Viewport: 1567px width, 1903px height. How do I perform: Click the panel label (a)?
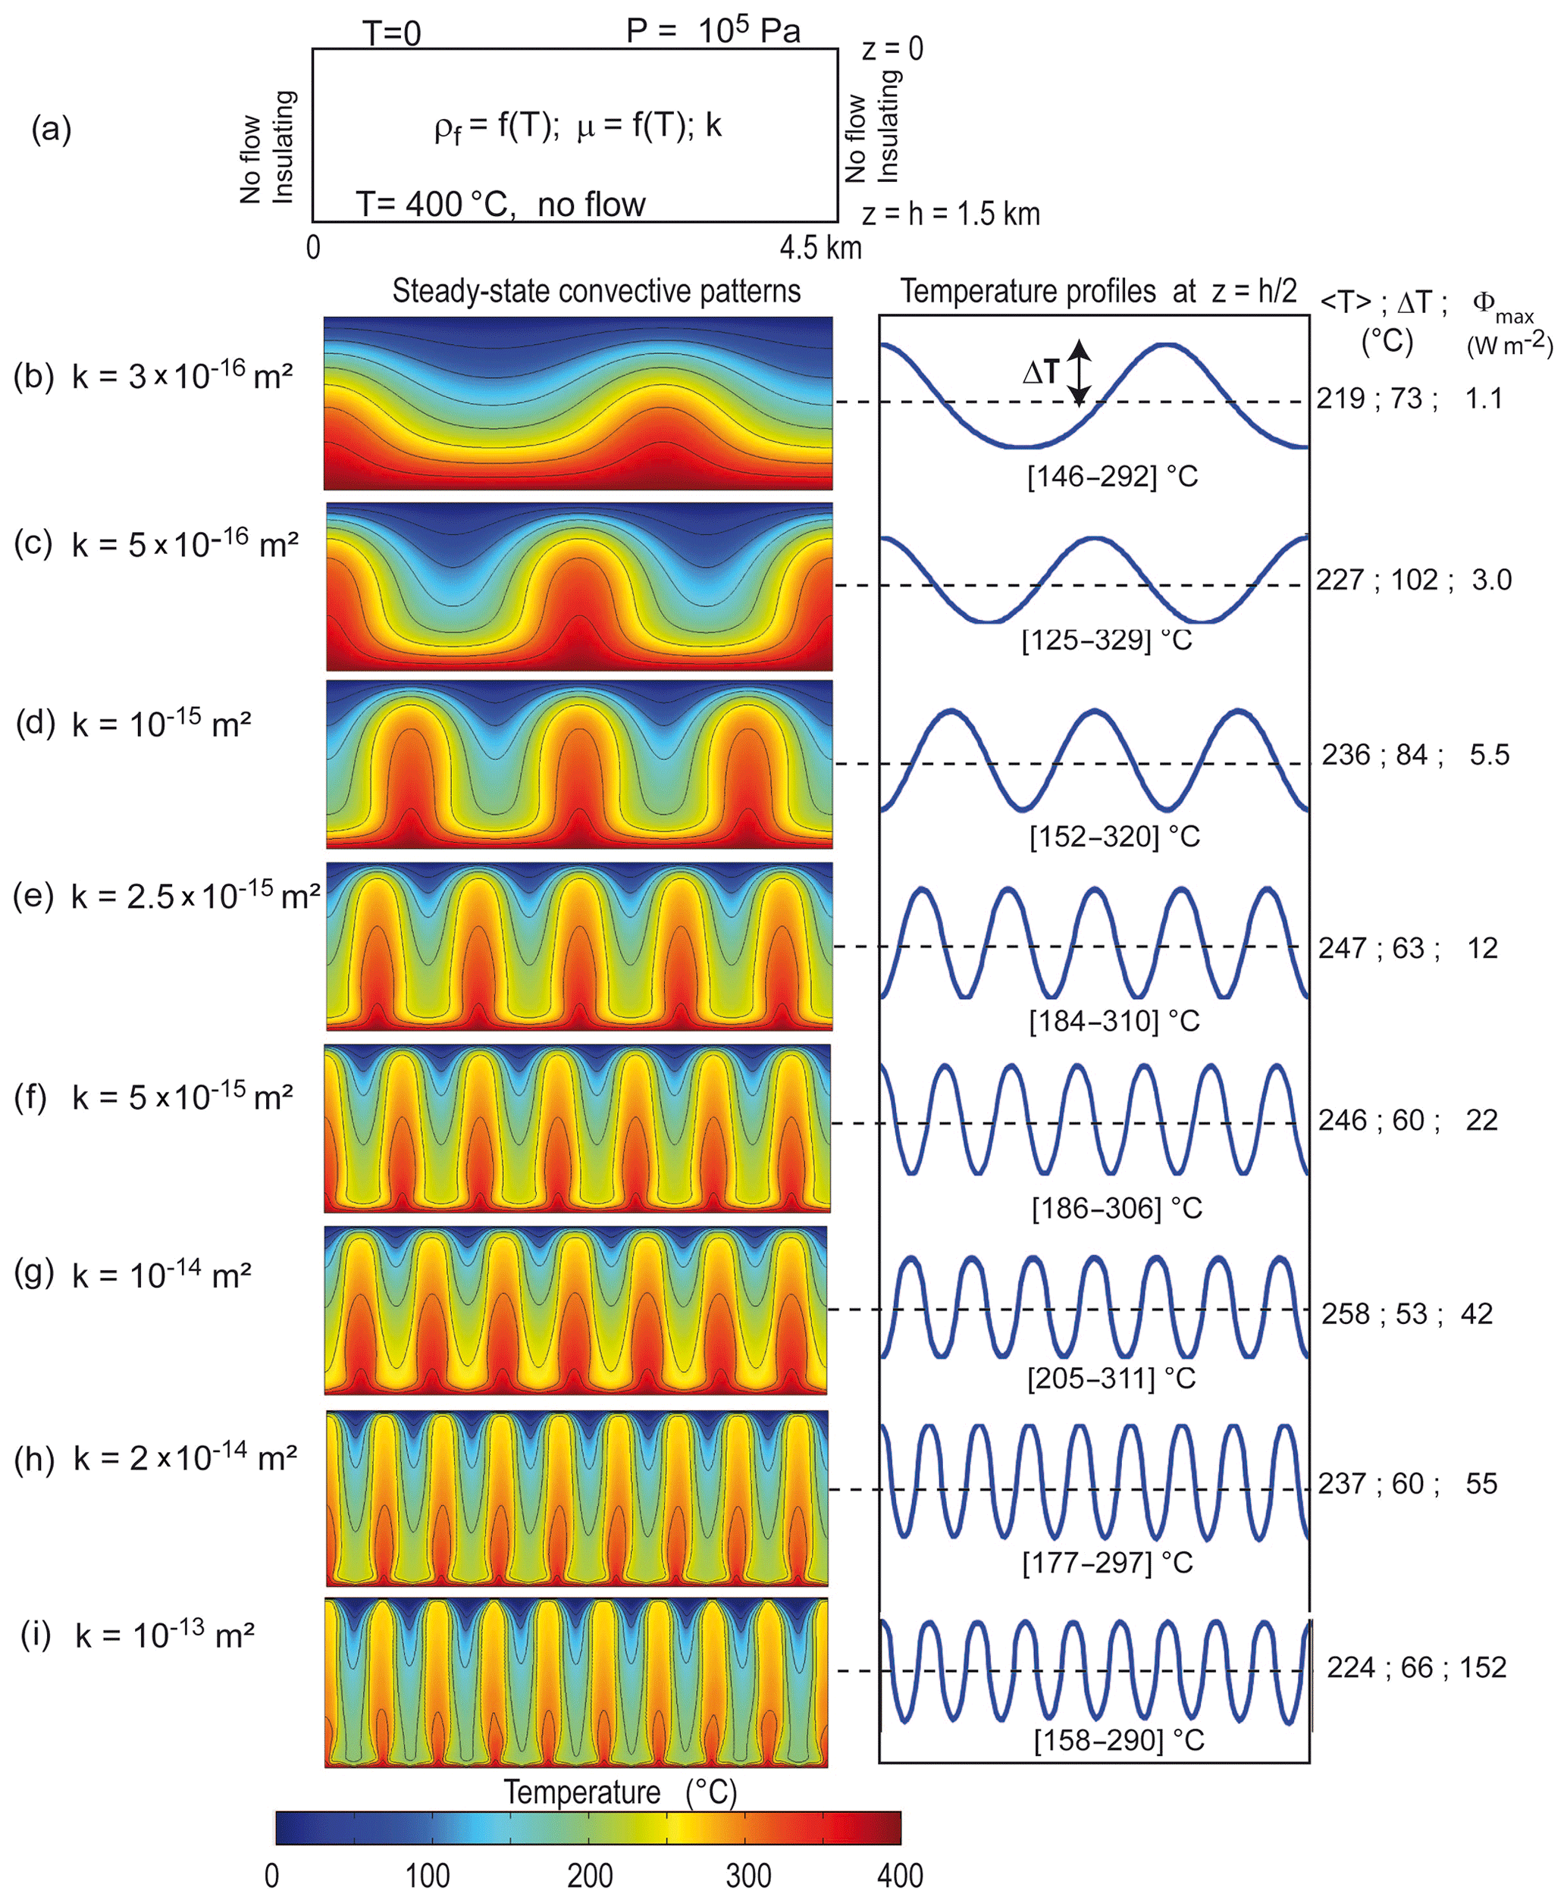tap(51, 130)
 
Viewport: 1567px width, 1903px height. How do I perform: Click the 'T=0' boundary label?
tap(392, 33)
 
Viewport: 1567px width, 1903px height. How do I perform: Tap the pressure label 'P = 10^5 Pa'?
tap(713, 30)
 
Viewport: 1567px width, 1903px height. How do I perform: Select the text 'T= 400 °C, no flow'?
tap(500, 205)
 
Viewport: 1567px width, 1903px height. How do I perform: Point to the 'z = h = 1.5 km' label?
tap(951, 214)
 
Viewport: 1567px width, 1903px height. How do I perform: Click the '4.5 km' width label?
tap(820, 247)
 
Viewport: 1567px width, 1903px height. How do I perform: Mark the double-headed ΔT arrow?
tap(1080, 373)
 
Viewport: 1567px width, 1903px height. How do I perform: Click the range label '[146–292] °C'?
tap(1112, 477)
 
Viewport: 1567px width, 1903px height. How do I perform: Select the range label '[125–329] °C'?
tap(1107, 640)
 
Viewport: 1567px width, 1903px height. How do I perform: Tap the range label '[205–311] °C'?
tap(1111, 1378)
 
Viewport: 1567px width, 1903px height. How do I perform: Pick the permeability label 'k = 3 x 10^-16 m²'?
tap(183, 374)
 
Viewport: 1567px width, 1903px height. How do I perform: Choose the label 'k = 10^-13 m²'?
tap(165, 1634)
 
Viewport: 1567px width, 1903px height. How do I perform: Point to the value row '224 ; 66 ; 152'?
tap(1416, 1667)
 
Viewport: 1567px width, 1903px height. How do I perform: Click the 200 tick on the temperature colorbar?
tap(590, 1875)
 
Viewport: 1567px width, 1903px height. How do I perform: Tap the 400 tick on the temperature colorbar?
tap(900, 1875)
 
